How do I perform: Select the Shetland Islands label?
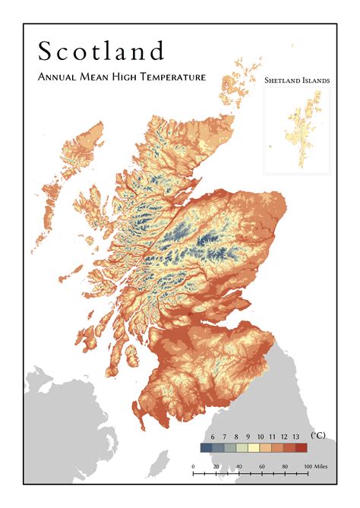point(296,80)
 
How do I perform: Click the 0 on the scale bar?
point(193,465)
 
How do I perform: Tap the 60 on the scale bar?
point(261,465)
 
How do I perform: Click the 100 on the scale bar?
point(306,465)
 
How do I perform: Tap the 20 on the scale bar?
point(216,465)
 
